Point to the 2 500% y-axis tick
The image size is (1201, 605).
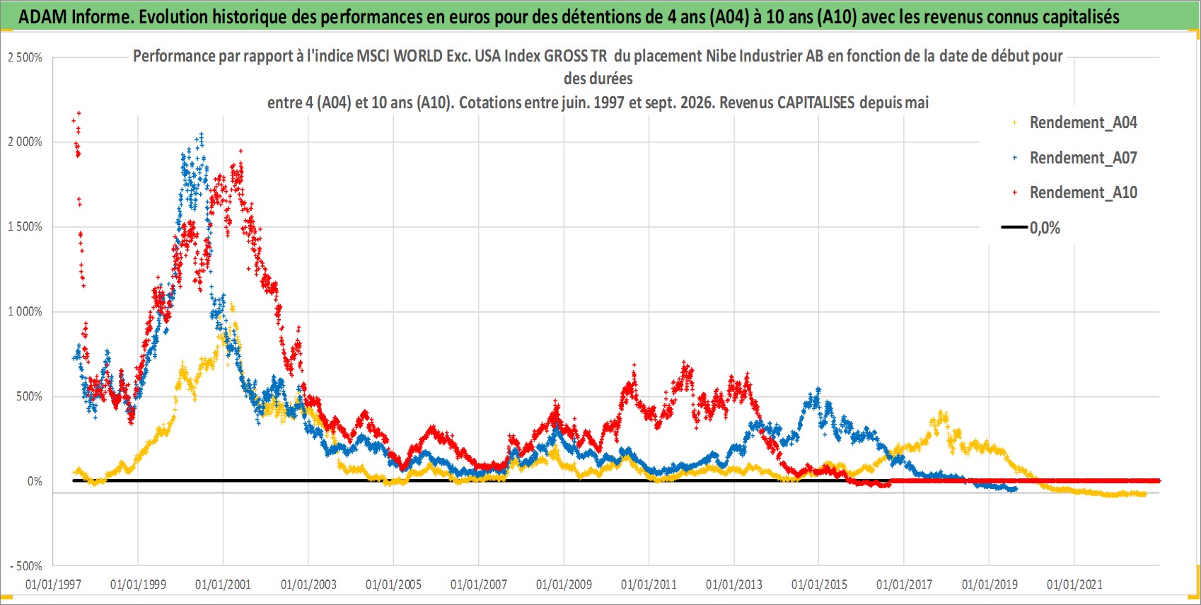coord(25,57)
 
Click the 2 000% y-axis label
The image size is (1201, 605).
coord(25,142)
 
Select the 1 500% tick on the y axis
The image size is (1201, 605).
coord(25,227)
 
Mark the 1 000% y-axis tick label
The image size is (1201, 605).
coord(25,311)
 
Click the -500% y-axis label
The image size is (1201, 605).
coord(25,566)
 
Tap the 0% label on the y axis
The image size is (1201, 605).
coord(35,482)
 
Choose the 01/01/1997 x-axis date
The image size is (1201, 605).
coord(53,584)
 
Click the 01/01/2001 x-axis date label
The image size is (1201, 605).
coord(223,584)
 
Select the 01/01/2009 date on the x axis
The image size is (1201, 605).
coord(564,584)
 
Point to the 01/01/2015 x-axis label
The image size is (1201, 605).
coord(819,584)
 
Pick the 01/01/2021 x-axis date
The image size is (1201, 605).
coord(1074,584)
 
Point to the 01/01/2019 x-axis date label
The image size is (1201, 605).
coord(990,584)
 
